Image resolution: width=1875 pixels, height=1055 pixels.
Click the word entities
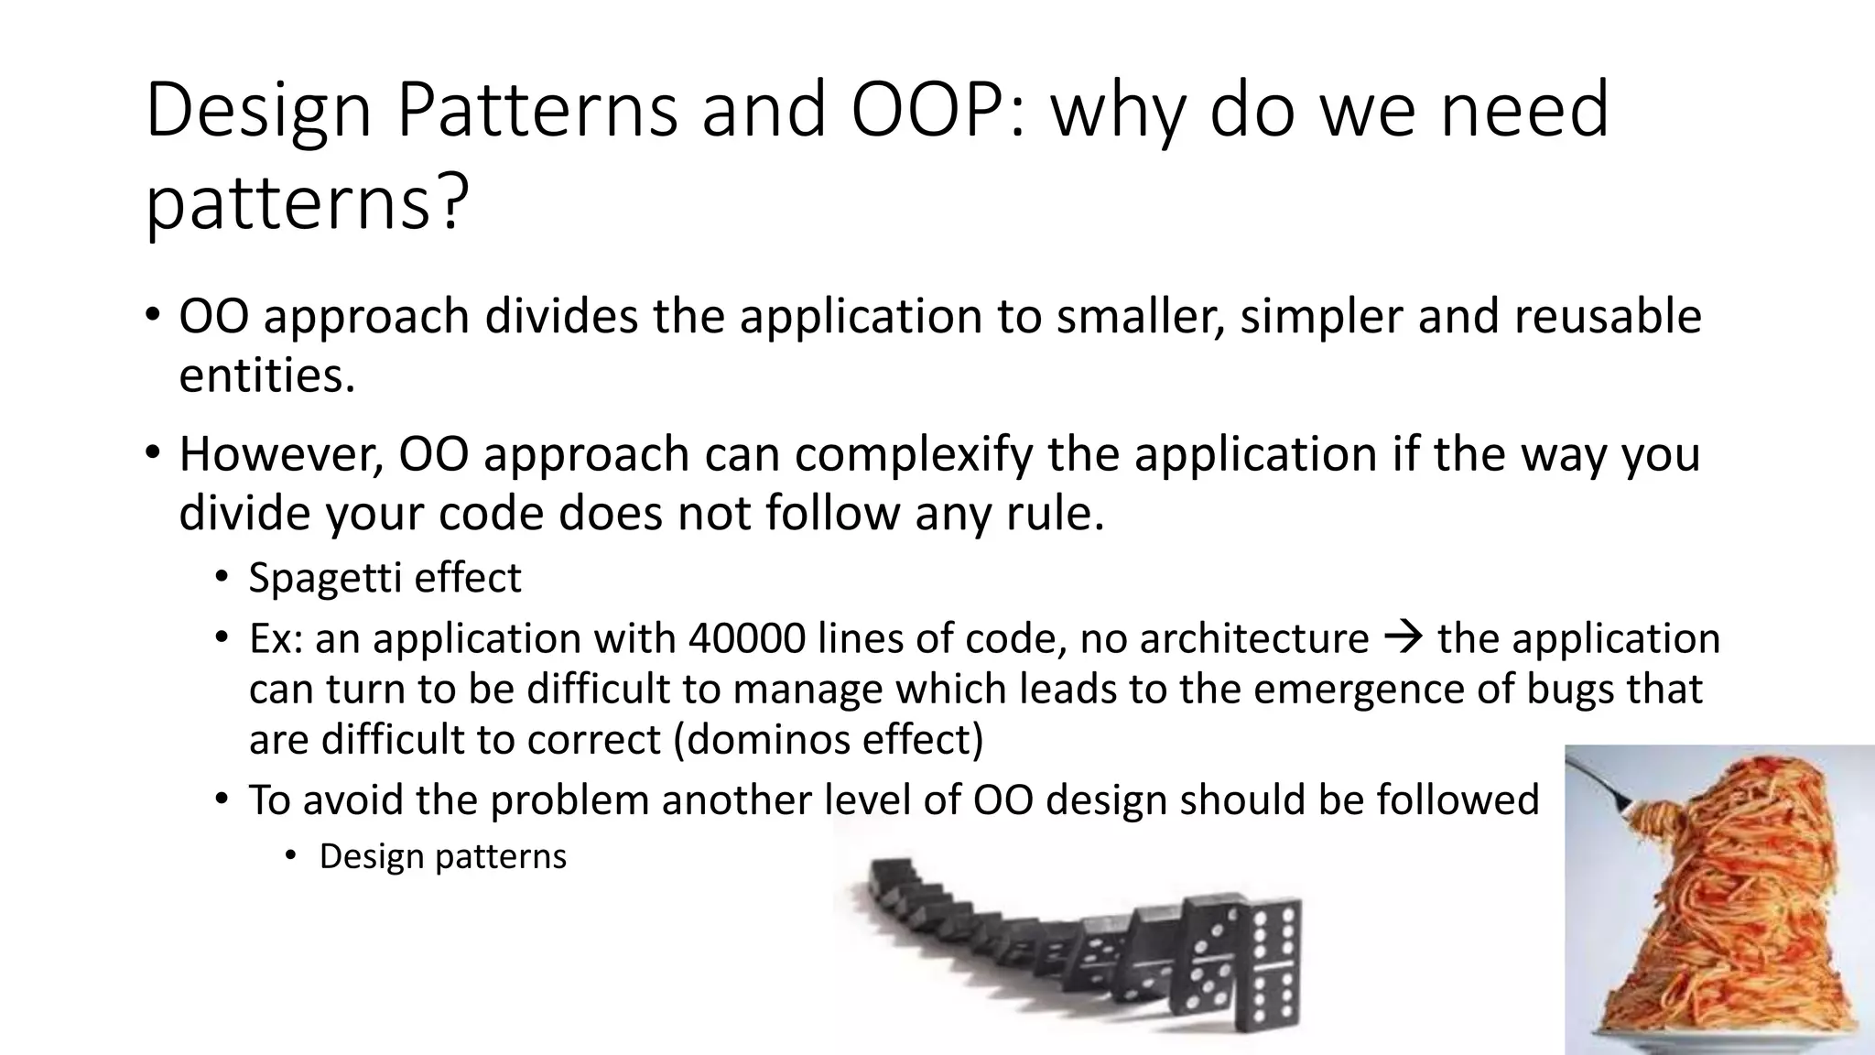[266, 375]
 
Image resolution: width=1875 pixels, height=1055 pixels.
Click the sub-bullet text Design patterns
[442, 857]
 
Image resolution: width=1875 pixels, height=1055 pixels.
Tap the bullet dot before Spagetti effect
[222, 579]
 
